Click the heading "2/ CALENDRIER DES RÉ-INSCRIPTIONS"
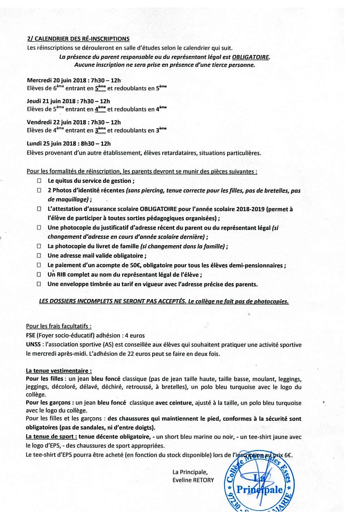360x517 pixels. [78, 39]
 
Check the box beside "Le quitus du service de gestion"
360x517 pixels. [39, 181]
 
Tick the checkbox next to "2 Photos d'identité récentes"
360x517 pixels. [39, 190]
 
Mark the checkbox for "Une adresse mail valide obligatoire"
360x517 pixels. [39, 256]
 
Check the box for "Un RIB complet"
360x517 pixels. [39, 275]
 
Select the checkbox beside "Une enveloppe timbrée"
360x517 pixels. [39, 284]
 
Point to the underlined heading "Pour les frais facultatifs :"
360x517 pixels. [59, 326]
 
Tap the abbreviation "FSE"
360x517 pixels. [31, 335]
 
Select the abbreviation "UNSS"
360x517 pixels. [33, 345]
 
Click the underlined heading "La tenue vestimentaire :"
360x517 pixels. [59, 371]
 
